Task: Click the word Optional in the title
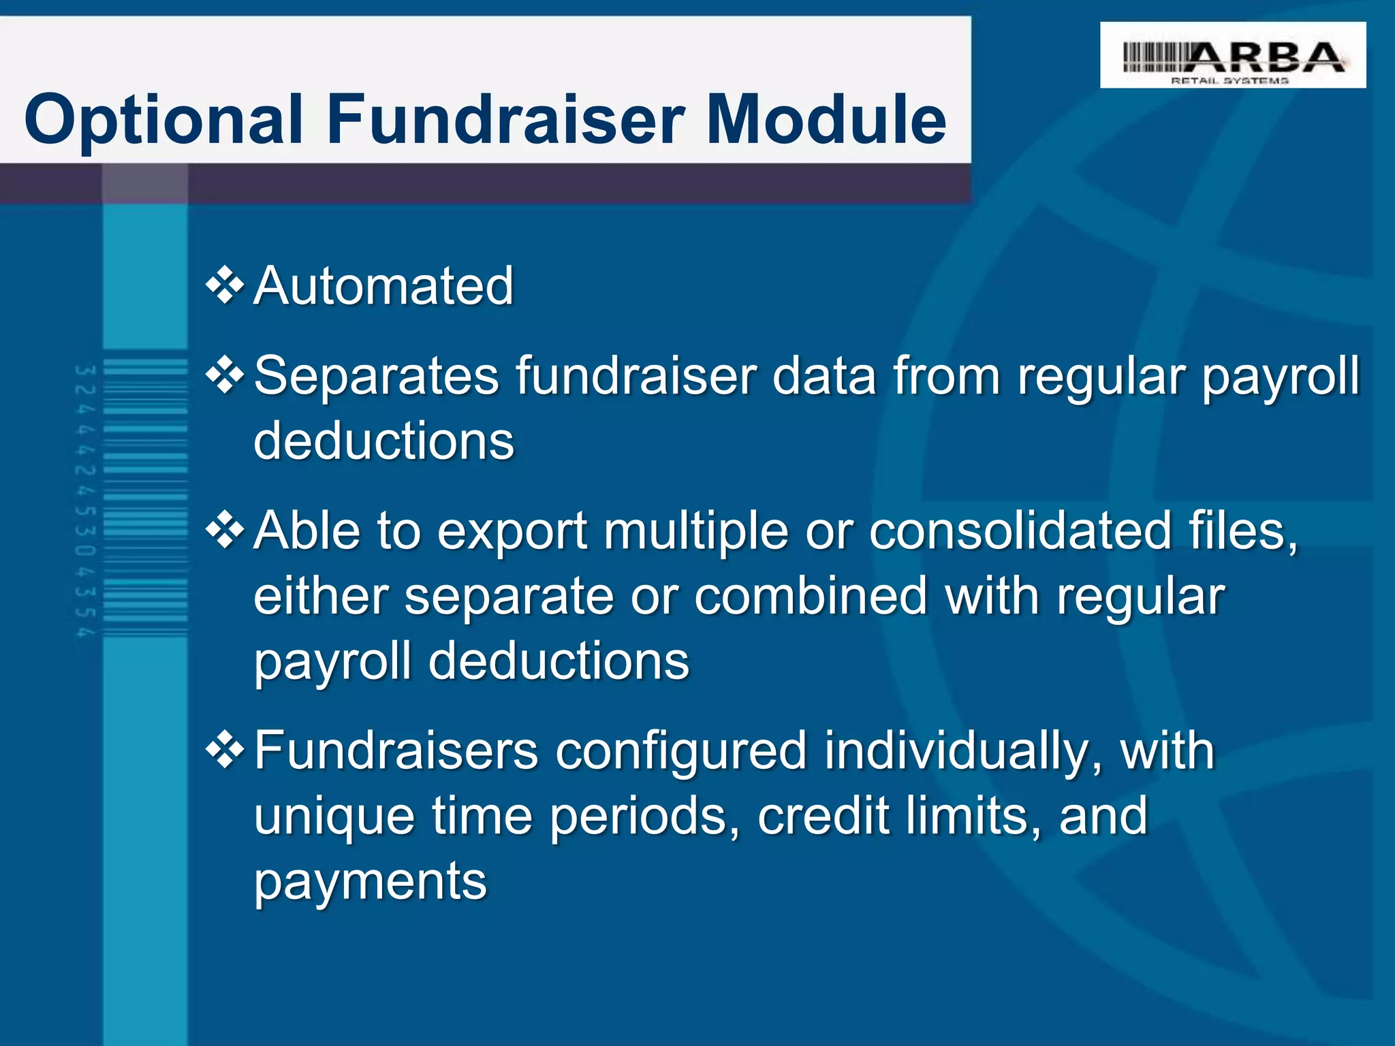pyautogui.click(x=163, y=120)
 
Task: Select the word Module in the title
pyautogui.click(x=826, y=120)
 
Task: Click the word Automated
pyautogui.click(x=383, y=286)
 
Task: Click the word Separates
pyautogui.click(x=377, y=376)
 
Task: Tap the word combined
pyautogui.click(x=811, y=597)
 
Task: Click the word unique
pyautogui.click(x=334, y=817)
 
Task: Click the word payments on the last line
pyautogui.click(x=371, y=883)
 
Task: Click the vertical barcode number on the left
pyautogui.click(x=85, y=501)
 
